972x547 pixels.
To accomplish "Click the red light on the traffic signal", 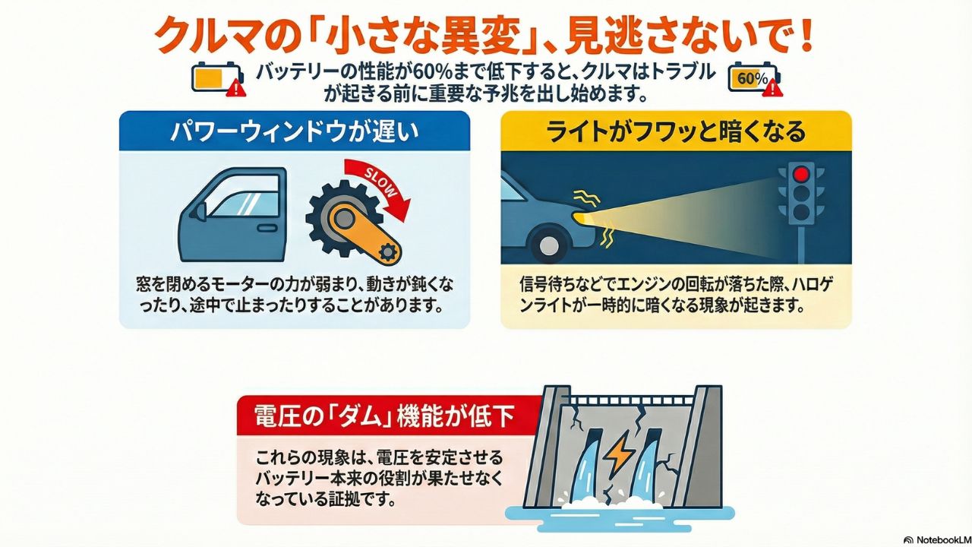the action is (x=801, y=175).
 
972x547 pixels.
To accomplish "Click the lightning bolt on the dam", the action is (x=620, y=454).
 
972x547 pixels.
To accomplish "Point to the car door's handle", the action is (x=267, y=228).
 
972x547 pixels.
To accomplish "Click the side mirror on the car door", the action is (x=200, y=211).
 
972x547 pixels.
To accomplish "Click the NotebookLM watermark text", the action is (x=942, y=540).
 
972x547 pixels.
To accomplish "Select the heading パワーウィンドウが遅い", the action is (x=295, y=131).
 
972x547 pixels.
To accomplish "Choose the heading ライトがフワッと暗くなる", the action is (x=676, y=131).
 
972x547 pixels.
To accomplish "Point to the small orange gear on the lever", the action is (x=387, y=251).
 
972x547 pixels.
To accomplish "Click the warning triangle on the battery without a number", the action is (x=235, y=88).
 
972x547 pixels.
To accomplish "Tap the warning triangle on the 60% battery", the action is (x=772, y=88).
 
